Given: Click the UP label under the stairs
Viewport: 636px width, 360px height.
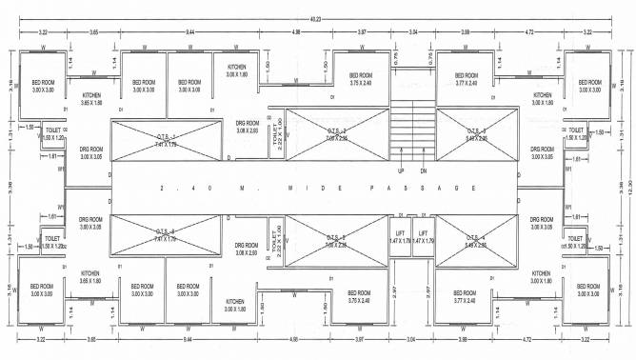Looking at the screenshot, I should (402, 171).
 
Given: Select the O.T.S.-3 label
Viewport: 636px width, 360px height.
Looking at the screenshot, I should (476, 133).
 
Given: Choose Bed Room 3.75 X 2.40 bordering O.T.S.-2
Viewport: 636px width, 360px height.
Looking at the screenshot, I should (361, 79).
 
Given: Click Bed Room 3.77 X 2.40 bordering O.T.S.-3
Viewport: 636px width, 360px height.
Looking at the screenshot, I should (466, 79).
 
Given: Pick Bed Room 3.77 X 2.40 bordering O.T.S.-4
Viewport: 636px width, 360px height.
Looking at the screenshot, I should (466, 296).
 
